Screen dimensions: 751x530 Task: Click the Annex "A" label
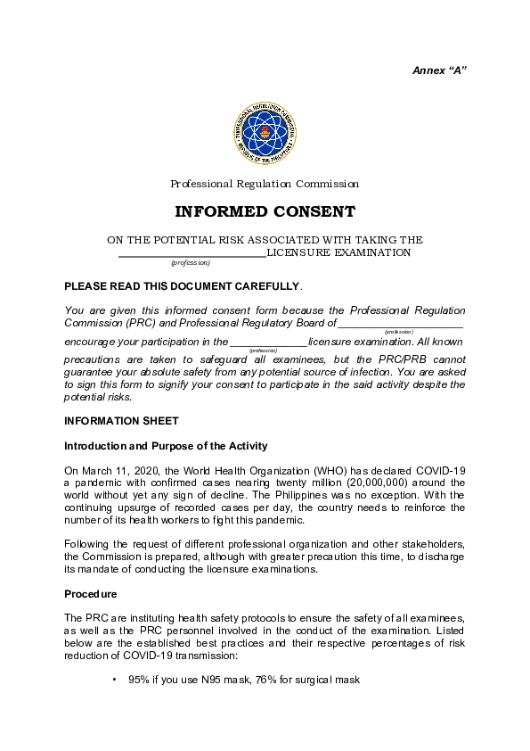439,70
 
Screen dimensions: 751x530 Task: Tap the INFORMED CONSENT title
265,212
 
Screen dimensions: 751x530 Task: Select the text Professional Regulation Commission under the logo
265,184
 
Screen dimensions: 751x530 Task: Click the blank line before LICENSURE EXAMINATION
192,253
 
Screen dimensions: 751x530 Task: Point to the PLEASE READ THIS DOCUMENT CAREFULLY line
183,286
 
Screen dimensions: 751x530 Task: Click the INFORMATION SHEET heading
121,421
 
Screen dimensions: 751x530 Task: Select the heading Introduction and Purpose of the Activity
166,446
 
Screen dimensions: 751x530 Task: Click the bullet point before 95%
115,681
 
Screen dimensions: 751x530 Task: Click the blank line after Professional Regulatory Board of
400,324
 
